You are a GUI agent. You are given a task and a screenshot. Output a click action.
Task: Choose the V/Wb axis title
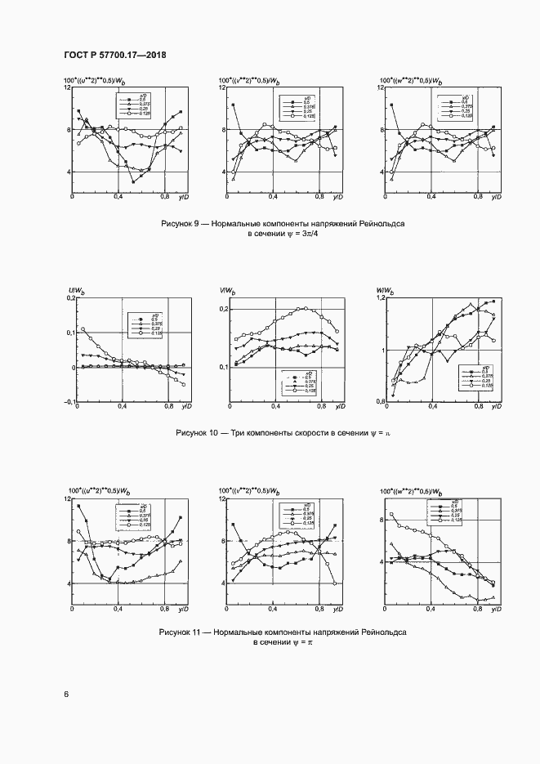click(227, 291)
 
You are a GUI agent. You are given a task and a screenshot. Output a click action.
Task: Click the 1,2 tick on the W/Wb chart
click(381, 299)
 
